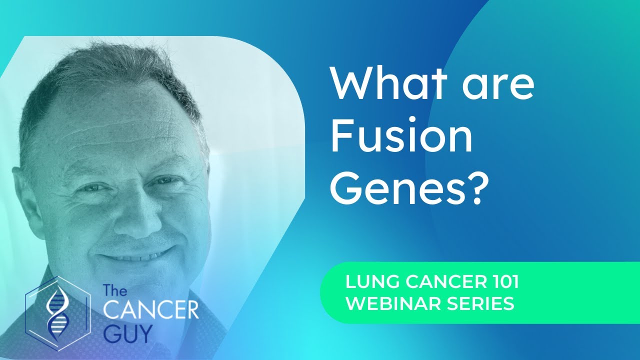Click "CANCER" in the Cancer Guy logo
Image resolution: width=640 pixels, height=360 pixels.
[x=150, y=310]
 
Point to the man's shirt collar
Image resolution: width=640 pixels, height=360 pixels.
[x=210, y=305]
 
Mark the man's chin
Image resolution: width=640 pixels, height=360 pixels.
[x=142, y=285]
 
